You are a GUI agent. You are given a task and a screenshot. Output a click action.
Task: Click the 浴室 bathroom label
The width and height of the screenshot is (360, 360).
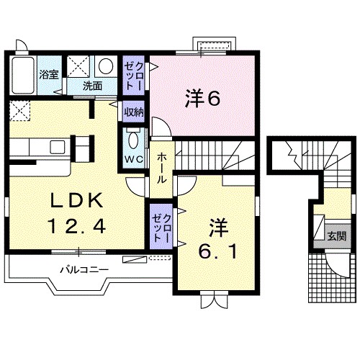48,74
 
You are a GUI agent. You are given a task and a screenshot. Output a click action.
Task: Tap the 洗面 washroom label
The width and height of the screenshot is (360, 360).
92,86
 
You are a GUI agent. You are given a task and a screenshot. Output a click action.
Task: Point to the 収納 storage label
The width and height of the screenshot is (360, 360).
133,112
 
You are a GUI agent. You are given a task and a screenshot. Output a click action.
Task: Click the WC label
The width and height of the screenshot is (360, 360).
133,158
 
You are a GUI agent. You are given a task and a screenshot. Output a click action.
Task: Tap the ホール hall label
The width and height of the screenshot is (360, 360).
162,166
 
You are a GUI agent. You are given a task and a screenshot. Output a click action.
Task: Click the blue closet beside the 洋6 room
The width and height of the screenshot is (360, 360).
133,74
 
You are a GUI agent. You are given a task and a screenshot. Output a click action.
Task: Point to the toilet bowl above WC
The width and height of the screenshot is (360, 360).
134,138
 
